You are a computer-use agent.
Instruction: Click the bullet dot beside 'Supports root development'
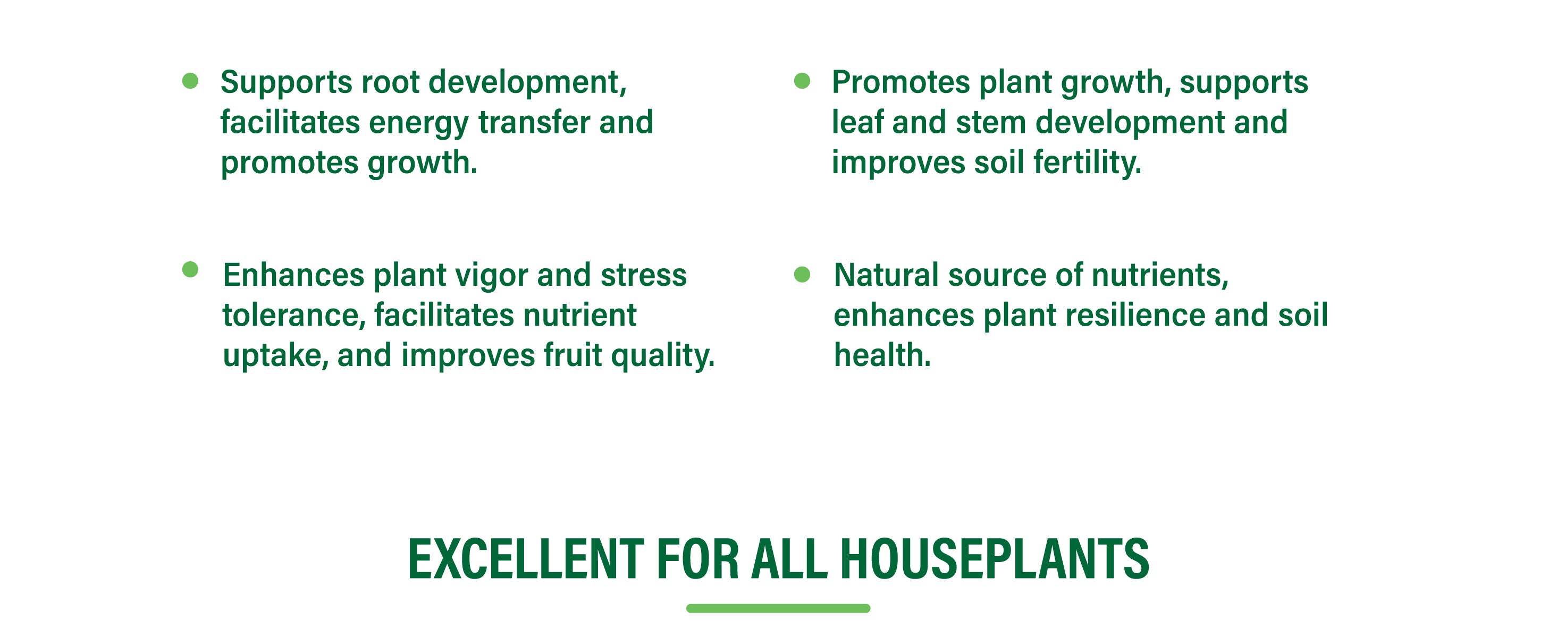(190, 81)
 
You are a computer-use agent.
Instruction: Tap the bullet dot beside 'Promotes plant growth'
(802, 81)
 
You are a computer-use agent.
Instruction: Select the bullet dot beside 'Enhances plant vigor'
(190, 269)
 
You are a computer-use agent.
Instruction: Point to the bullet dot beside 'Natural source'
(802, 275)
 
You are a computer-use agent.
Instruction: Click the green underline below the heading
(778, 608)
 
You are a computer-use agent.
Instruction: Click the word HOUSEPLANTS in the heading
(994, 559)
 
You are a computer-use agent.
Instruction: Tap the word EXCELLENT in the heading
(526, 559)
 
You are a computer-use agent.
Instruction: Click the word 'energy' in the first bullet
(419, 124)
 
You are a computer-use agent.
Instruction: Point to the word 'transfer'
(534, 122)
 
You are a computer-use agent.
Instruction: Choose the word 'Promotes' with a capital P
(900, 83)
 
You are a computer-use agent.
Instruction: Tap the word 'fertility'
(1088, 163)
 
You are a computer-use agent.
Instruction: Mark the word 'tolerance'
(294, 316)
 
